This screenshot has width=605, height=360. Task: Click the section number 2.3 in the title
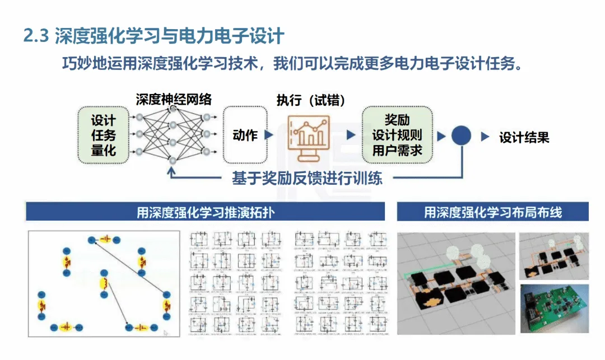[35, 37]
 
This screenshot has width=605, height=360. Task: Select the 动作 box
[245, 135]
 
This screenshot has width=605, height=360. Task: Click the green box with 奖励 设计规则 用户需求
[397, 135]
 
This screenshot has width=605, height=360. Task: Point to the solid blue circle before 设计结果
[460, 136]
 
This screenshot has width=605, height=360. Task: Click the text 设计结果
[524, 137]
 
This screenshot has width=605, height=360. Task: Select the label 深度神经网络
[174, 100]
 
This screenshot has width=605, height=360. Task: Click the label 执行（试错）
[310, 100]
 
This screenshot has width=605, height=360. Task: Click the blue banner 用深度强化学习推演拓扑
[206, 212]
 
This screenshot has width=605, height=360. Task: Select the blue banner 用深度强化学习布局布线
[492, 212]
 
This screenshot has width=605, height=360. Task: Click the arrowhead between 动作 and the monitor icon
[269, 135]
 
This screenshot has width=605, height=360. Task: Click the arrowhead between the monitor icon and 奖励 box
[351, 135]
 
